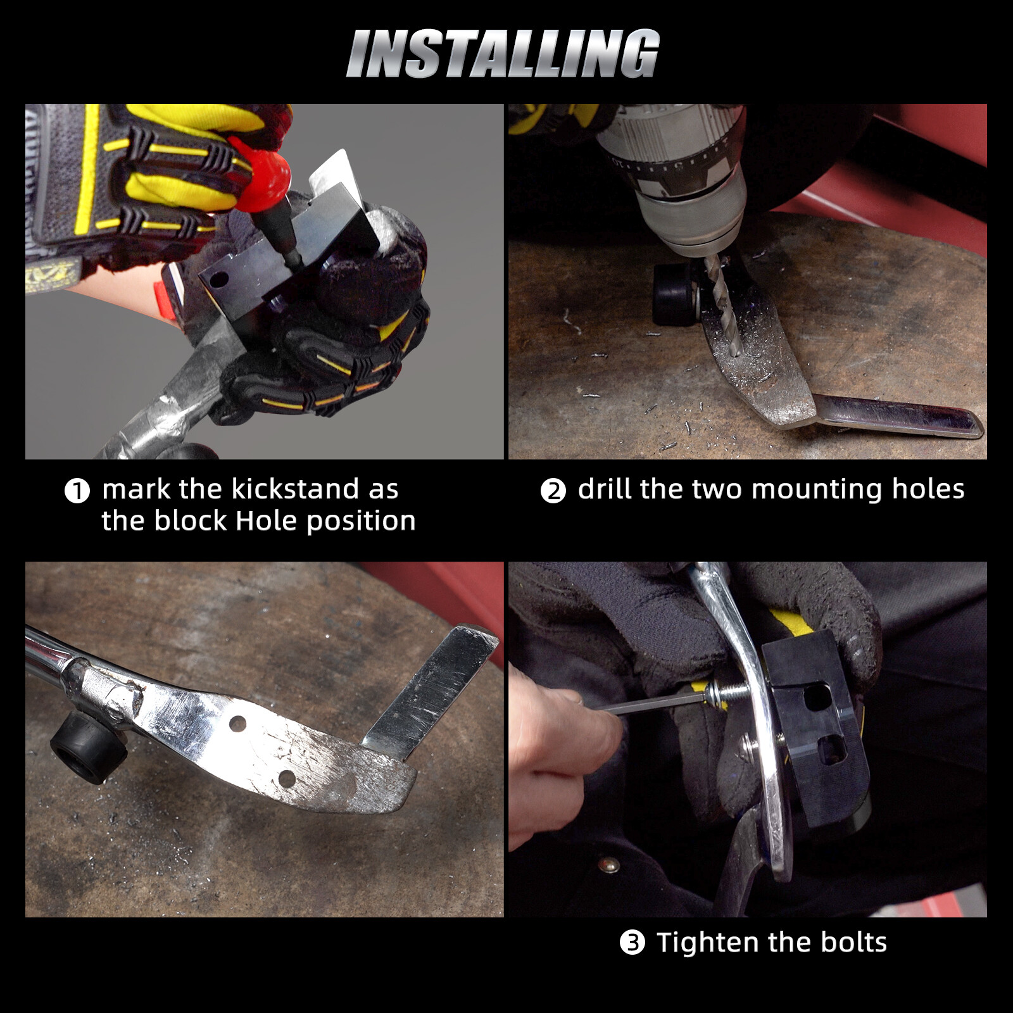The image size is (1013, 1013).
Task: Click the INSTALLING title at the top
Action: (503, 54)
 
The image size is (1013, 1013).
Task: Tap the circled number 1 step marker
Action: (77, 491)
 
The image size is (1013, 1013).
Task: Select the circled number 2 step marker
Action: (553, 491)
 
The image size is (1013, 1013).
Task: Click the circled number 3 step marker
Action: (632, 943)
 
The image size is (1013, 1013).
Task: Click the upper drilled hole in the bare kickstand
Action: (238, 722)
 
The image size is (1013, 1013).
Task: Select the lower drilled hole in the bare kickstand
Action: (286, 778)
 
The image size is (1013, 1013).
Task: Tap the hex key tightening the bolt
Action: (652, 704)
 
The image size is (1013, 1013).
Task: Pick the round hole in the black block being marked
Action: (220, 279)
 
